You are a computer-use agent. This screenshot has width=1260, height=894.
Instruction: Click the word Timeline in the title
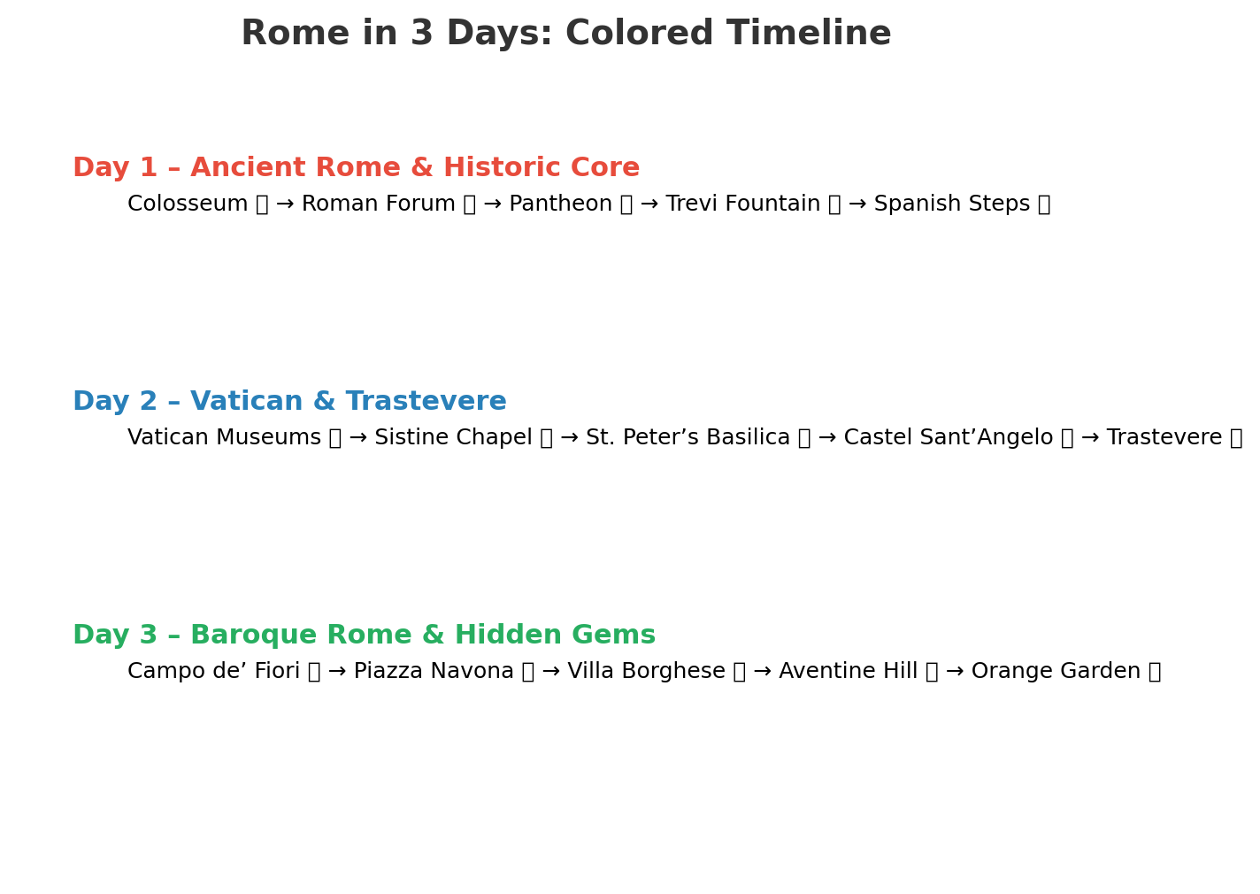pos(809,33)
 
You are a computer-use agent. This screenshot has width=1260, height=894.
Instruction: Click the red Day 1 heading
pos(356,167)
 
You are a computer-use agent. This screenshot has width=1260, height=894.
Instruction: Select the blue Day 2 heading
pos(289,401)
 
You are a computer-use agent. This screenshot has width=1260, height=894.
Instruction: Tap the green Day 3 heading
pos(364,635)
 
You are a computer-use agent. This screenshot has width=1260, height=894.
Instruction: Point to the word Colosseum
pos(188,203)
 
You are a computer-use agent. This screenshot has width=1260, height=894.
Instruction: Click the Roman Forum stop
pos(378,203)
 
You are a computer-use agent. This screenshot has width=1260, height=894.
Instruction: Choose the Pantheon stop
pos(560,203)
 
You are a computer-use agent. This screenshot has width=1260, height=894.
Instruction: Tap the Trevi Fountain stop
pos(742,203)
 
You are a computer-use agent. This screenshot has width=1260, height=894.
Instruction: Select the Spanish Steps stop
pos(952,203)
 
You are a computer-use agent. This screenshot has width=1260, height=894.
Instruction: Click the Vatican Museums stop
pos(224,437)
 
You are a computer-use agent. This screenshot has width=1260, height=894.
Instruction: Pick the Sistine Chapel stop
pos(453,437)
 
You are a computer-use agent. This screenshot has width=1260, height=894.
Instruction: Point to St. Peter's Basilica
pos(688,437)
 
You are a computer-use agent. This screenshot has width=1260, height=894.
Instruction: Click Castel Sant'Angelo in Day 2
pos(948,437)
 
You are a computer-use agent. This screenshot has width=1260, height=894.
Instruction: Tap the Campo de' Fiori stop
pos(213,671)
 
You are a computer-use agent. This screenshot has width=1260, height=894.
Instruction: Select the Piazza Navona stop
pos(434,671)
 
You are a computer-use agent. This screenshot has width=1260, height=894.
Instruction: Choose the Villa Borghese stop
pos(646,671)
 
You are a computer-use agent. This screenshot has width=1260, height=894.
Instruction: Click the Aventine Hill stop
pos(848,671)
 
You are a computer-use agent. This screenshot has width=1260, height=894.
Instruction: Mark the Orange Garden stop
pos(1056,671)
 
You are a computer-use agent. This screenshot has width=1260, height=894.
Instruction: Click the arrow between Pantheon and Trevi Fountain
pos(649,204)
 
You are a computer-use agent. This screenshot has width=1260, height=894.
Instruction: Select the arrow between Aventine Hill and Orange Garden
pos(955,671)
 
